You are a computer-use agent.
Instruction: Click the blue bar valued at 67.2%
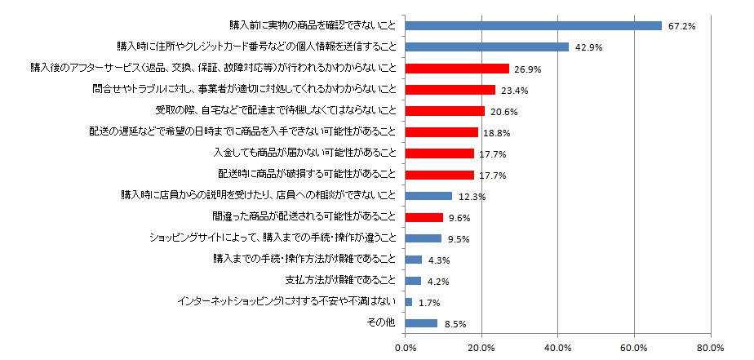pos(533,25)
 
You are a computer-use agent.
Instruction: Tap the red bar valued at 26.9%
pos(456,68)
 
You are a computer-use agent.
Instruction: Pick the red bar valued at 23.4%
pos(450,89)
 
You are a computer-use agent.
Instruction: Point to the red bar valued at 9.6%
pos(424,217)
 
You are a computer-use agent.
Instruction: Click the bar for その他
pos(421,323)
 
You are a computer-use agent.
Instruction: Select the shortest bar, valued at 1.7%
pos(408,302)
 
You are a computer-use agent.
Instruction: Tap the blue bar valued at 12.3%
pos(428,196)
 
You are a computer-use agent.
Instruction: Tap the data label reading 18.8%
pos(498,132)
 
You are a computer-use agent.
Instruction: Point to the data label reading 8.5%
pos(454,324)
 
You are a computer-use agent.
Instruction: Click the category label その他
pos(381,323)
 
